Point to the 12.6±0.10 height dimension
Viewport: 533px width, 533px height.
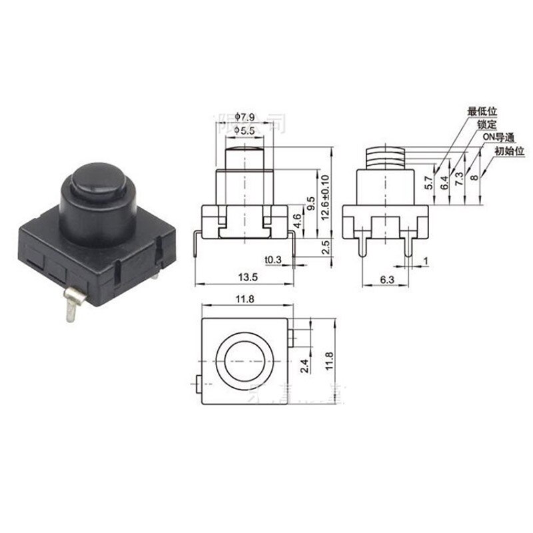click(326, 197)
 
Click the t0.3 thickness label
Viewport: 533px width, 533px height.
click(272, 259)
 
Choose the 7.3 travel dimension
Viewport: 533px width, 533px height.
click(458, 179)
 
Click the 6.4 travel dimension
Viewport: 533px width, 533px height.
click(443, 181)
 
